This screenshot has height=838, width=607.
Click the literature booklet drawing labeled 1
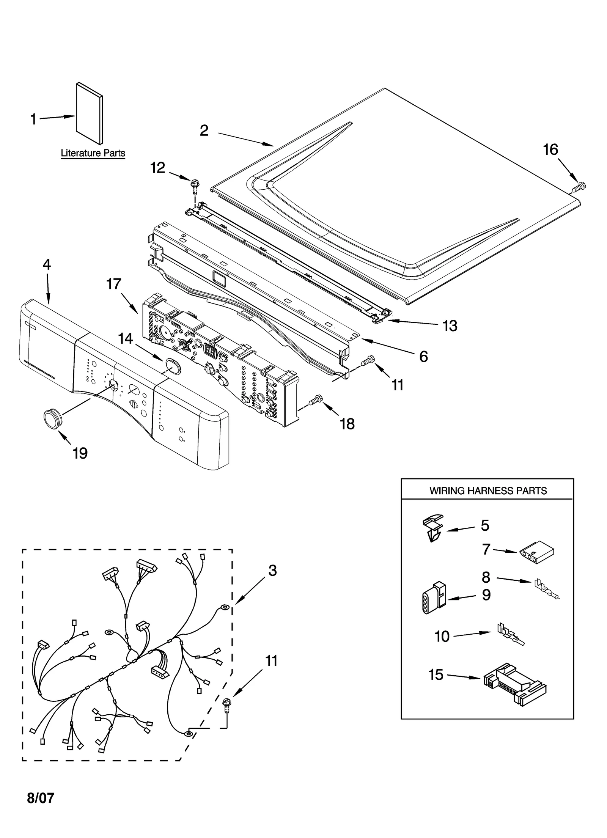(90, 114)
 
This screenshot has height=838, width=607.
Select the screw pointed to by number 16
(579, 186)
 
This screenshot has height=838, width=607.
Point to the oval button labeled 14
(172, 366)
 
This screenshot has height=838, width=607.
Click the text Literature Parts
(93, 153)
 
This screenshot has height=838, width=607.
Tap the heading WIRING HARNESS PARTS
(488, 491)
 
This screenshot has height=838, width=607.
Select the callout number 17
(114, 284)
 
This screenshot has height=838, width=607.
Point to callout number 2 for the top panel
(204, 130)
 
